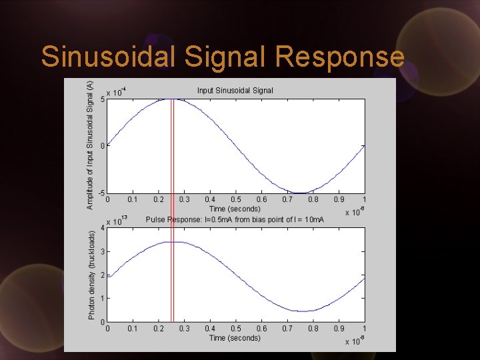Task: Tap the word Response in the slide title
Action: click(339, 57)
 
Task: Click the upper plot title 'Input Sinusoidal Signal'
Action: click(235, 91)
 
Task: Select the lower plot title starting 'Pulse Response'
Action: click(235, 219)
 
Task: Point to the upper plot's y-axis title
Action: click(91, 145)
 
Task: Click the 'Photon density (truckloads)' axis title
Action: click(92, 275)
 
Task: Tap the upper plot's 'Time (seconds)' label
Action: click(235, 209)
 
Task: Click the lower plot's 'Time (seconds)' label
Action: click(235, 338)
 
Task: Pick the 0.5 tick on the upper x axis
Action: click(236, 199)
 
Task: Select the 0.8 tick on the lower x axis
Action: click(313, 329)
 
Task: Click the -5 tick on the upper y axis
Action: click(101, 193)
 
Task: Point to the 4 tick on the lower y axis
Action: click(102, 228)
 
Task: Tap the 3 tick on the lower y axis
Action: click(102, 251)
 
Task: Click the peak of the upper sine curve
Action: click(171, 99)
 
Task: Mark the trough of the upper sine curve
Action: click(301, 193)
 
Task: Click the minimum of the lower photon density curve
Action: click(303, 311)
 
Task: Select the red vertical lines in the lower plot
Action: click(172, 280)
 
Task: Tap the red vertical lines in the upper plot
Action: click(172, 147)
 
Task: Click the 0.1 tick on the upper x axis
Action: click(133, 199)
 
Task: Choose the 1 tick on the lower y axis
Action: click(102, 299)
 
